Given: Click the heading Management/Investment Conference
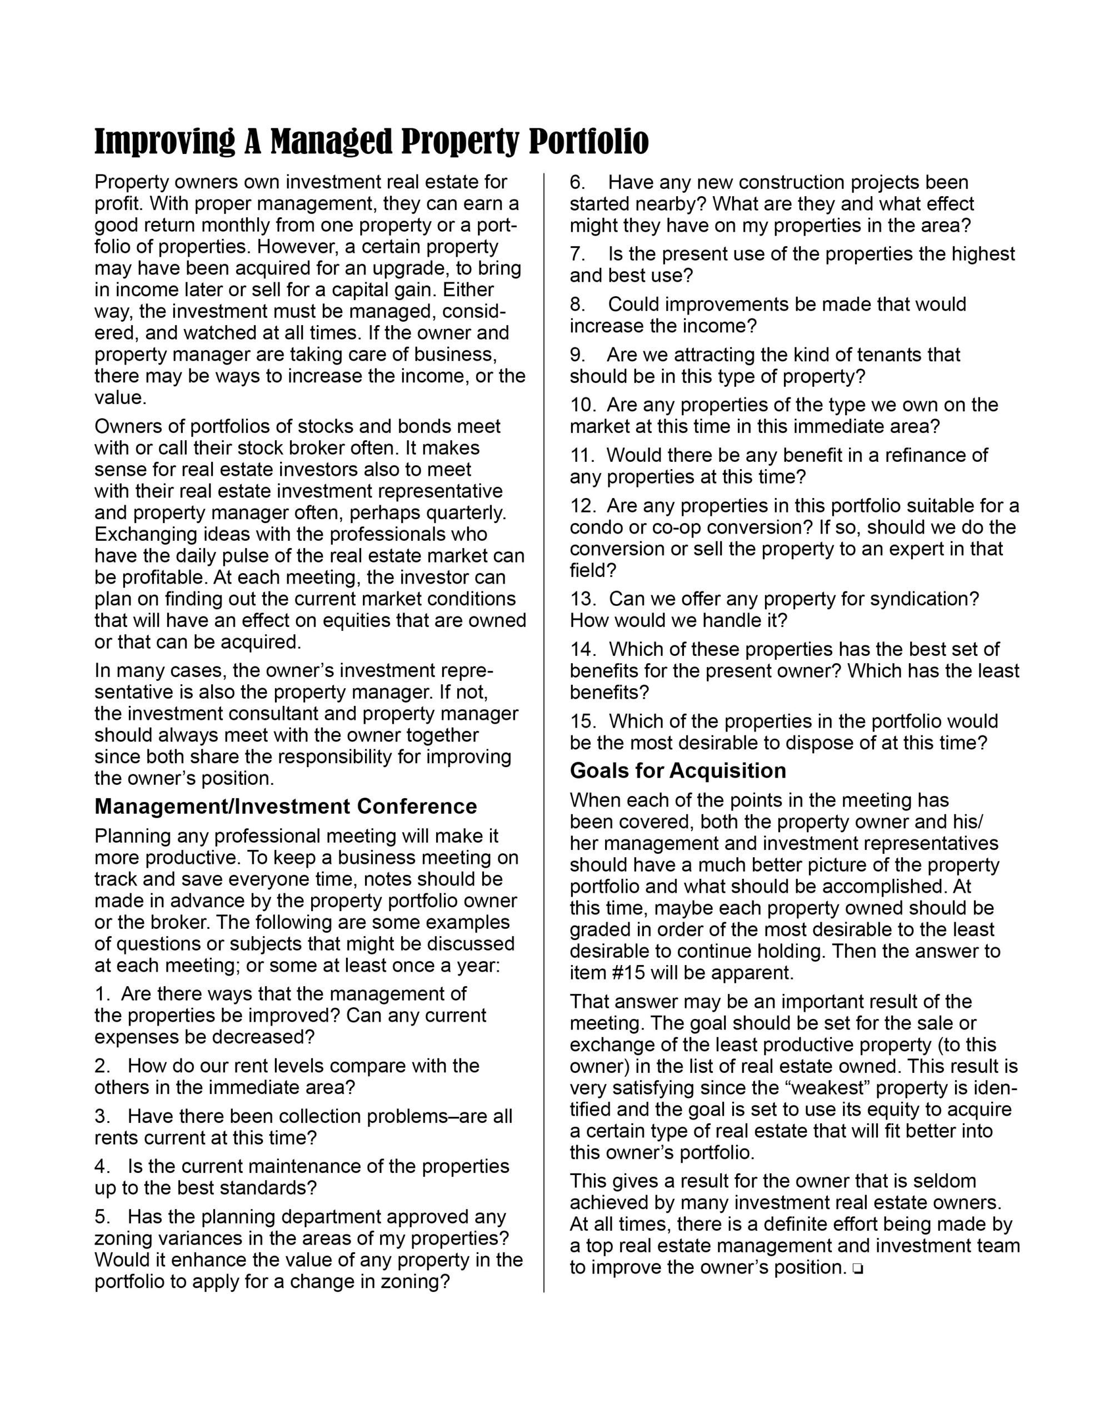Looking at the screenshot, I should click(286, 807).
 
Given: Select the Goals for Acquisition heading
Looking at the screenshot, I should click(677, 771).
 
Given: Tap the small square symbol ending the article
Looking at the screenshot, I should click(857, 1268).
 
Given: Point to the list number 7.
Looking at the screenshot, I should click(577, 254).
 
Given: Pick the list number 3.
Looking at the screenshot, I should click(102, 1116).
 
